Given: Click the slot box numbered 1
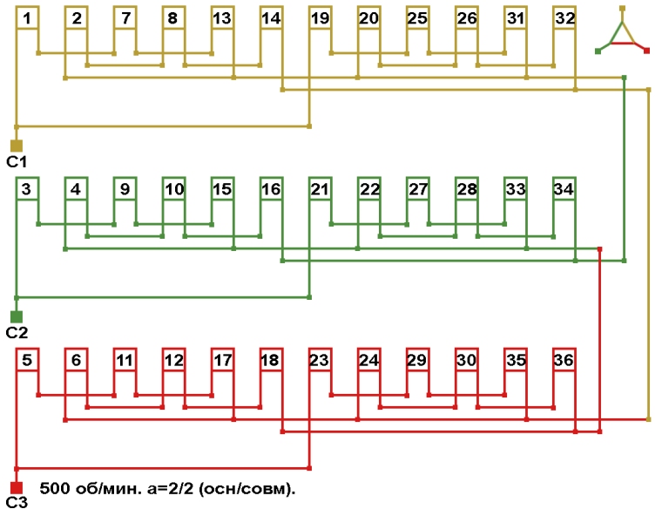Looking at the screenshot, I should (28, 18).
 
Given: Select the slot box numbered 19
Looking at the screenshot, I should (320, 18).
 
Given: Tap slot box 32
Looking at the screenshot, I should (564, 18).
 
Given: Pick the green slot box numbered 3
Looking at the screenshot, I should (28, 189).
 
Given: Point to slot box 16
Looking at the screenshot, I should (271, 189).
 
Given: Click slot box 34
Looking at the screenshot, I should (564, 189).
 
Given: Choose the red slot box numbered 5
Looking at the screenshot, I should (28, 360).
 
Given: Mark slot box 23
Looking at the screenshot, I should (320, 360).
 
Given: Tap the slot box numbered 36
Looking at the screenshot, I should (564, 360).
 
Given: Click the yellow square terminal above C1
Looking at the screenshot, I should (16, 146).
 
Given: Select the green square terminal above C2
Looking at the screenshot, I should (16, 316).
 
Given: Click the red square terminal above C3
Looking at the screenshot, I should (16, 487).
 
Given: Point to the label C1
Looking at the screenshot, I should (17, 162).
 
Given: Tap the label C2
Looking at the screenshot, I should (17, 333).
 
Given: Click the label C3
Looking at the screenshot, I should (17, 504).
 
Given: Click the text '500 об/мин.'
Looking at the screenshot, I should (82, 488).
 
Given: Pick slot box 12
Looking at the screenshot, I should (174, 360).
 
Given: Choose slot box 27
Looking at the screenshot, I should (418, 189).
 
